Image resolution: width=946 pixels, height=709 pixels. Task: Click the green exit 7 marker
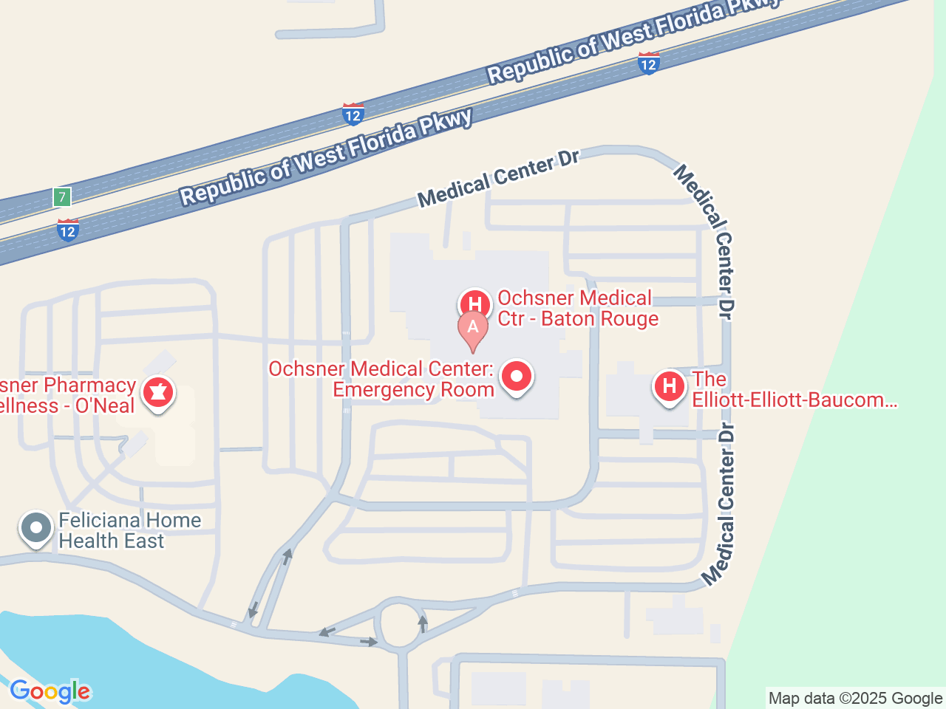tap(62, 197)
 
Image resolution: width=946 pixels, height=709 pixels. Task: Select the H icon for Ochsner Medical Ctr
tap(475, 304)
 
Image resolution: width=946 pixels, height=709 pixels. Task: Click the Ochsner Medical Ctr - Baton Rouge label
tap(577, 309)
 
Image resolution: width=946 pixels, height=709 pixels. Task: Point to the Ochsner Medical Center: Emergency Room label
tap(381, 379)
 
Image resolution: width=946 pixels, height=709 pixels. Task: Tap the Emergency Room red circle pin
tap(517, 377)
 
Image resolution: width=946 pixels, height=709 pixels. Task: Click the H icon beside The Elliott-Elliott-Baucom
tap(670, 386)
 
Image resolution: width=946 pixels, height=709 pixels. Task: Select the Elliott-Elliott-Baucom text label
tap(794, 390)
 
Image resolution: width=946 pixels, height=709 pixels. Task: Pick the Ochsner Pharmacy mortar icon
tap(157, 391)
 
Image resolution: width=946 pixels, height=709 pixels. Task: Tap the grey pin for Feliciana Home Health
tap(36, 528)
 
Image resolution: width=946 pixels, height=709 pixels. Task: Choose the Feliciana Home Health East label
tap(130, 530)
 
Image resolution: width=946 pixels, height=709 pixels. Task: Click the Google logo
tap(50, 692)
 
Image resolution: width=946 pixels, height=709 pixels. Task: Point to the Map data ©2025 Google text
tap(855, 699)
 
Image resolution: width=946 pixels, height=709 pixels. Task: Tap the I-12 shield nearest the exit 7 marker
tap(68, 230)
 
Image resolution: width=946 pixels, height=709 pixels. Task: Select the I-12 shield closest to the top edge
tap(648, 64)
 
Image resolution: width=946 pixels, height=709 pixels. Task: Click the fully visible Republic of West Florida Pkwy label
tap(326, 157)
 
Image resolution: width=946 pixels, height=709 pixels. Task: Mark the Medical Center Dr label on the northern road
tap(498, 178)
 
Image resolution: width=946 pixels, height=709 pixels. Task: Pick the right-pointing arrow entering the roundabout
tap(369, 642)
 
